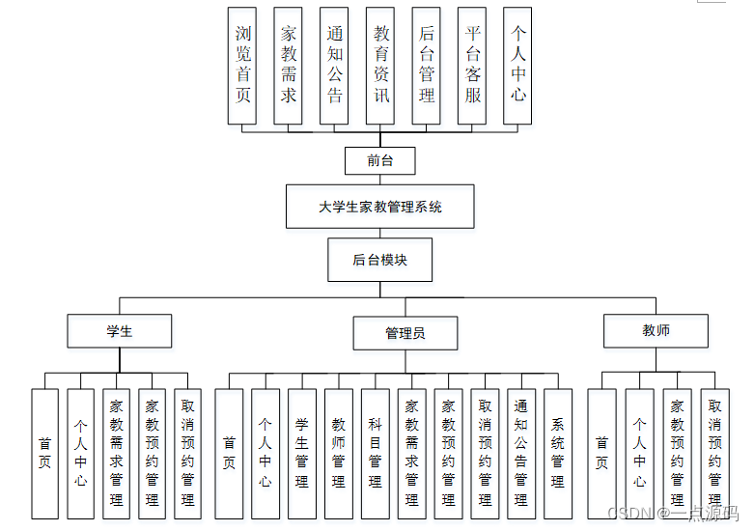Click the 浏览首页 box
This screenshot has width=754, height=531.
pyautogui.click(x=242, y=66)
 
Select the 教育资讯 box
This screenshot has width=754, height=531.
pyautogui.click(x=380, y=66)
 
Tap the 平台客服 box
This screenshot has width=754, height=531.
pyautogui.click(x=472, y=66)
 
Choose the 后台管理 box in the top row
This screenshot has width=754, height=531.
pyautogui.click(x=426, y=66)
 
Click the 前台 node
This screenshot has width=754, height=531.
pyautogui.click(x=380, y=161)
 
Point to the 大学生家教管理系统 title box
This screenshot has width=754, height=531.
pyautogui.click(x=380, y=207)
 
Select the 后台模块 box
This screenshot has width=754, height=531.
pyautogui.click(x=380, y=261)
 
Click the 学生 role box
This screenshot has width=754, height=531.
pyautogui.click(x=120, y=331)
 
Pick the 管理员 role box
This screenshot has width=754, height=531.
pyautogui.click(x=405, y=333)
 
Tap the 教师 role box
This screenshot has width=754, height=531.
pyautogui.click(x=656, y=331)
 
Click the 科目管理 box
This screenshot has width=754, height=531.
pyautogui.click(x=375, y=454)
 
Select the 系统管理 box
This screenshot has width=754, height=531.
pyautogui.click(x=558, y=454)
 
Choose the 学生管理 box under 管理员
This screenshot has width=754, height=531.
pyautogui.click(x=301, y=454)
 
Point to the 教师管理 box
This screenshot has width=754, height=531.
pyautogui.click(x=338, y=454)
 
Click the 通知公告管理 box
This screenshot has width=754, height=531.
pyautogui.click(x=521, y=454)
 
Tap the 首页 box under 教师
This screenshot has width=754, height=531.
pyautogui.click(x=601, y=454)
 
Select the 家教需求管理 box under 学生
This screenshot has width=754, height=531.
pyautogui.click(x=117, y=454)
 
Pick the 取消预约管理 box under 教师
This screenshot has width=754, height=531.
pyautogui.click(x=714, y=454)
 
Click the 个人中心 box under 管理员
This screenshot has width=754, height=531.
pyautogui.click(x=265, y=454)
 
